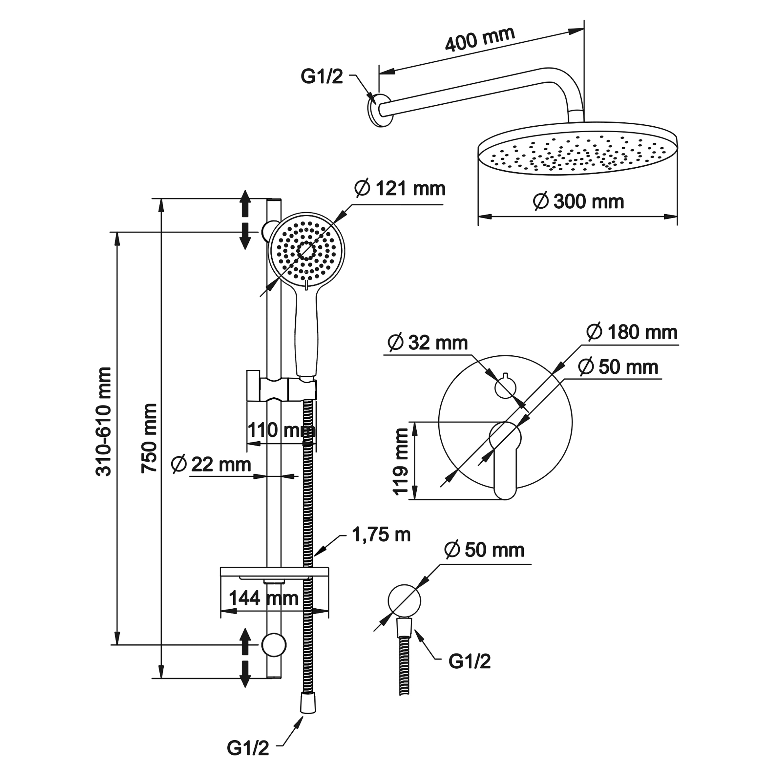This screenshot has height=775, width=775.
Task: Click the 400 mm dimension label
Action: point(480,39)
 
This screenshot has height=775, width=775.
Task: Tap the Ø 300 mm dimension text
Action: point(578,201)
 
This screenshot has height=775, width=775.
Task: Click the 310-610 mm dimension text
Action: point(103,422)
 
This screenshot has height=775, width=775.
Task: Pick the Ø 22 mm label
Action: point(211,465)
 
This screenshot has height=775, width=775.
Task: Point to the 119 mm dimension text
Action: point(400,461)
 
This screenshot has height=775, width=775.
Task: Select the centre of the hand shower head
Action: point(306,251)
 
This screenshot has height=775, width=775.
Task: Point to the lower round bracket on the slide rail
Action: point(274,645)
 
